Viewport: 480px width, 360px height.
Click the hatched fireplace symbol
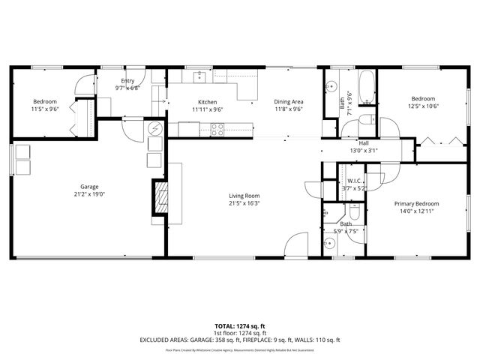click(x=159, y=197)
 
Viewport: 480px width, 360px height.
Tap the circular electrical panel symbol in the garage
click(x=154, y=128)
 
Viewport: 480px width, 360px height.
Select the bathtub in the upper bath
click(x=365, y=87)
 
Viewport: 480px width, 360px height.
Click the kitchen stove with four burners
click(x=217, y=130)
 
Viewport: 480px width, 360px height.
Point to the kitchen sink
click(x=199, y=76)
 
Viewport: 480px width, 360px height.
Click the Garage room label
click(x=90, y=187)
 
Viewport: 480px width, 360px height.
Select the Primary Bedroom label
click(x=417, y=204)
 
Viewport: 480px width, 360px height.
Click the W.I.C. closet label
click(x=355, y=181)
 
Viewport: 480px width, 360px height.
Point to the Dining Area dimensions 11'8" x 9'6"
click(x=288, y=109)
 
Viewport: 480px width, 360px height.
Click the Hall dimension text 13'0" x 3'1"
click(x=364, y=150)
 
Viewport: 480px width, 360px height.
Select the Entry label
click(x=127, y=80)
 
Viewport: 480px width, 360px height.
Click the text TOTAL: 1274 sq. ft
click(x=240, y=325)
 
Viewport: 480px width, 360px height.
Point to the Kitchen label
click(x=207, y=102)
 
